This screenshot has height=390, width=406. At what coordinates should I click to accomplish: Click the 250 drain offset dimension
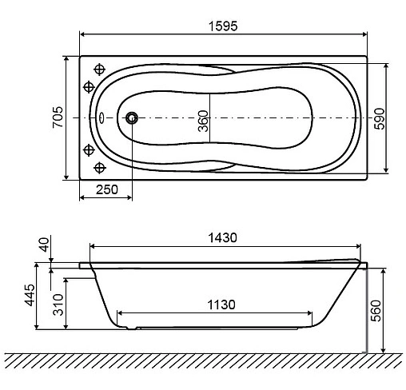(106, 189)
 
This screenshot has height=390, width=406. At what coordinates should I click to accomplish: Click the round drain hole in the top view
(131, 118)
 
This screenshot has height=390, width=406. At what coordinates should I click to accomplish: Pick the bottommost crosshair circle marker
(100, 167)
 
